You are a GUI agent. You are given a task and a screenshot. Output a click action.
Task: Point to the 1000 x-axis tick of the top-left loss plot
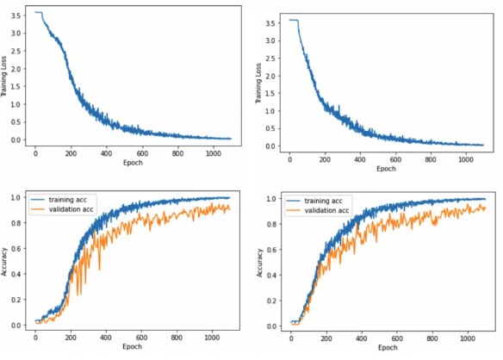coord(211,152)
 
